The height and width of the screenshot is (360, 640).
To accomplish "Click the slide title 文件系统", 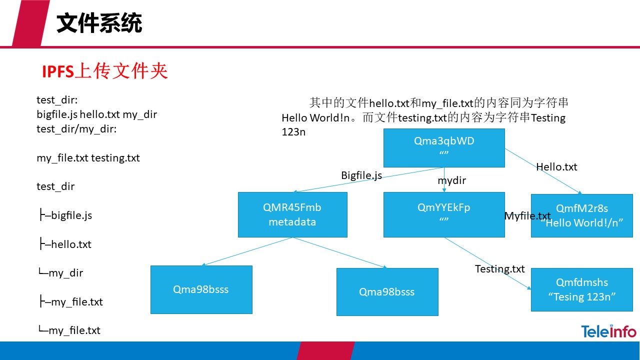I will [99, 23].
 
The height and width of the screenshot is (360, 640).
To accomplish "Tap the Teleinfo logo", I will [608, 331].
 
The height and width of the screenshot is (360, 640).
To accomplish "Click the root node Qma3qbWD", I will [444, 147].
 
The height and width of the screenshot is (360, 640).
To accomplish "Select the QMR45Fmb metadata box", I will [292, 214].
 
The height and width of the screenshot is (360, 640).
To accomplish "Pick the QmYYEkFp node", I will [444, 214].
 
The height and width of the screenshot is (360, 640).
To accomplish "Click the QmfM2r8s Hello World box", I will [581, 215].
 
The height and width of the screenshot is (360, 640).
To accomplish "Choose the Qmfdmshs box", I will [581, 289].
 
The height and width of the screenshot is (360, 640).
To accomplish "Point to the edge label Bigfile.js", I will [361, 175].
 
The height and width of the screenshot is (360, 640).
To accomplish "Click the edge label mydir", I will [451, 180].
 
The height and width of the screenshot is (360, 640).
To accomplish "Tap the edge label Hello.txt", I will [556, 167].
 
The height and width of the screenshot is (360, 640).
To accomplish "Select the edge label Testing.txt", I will [499, 269].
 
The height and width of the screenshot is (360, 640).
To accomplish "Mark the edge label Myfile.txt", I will [527, 216].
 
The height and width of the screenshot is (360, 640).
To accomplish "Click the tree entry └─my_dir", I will [60, 273].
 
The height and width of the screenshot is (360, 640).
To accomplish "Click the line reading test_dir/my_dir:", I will [76, 129].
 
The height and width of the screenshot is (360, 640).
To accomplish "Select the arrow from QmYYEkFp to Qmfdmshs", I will [487, 263].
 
